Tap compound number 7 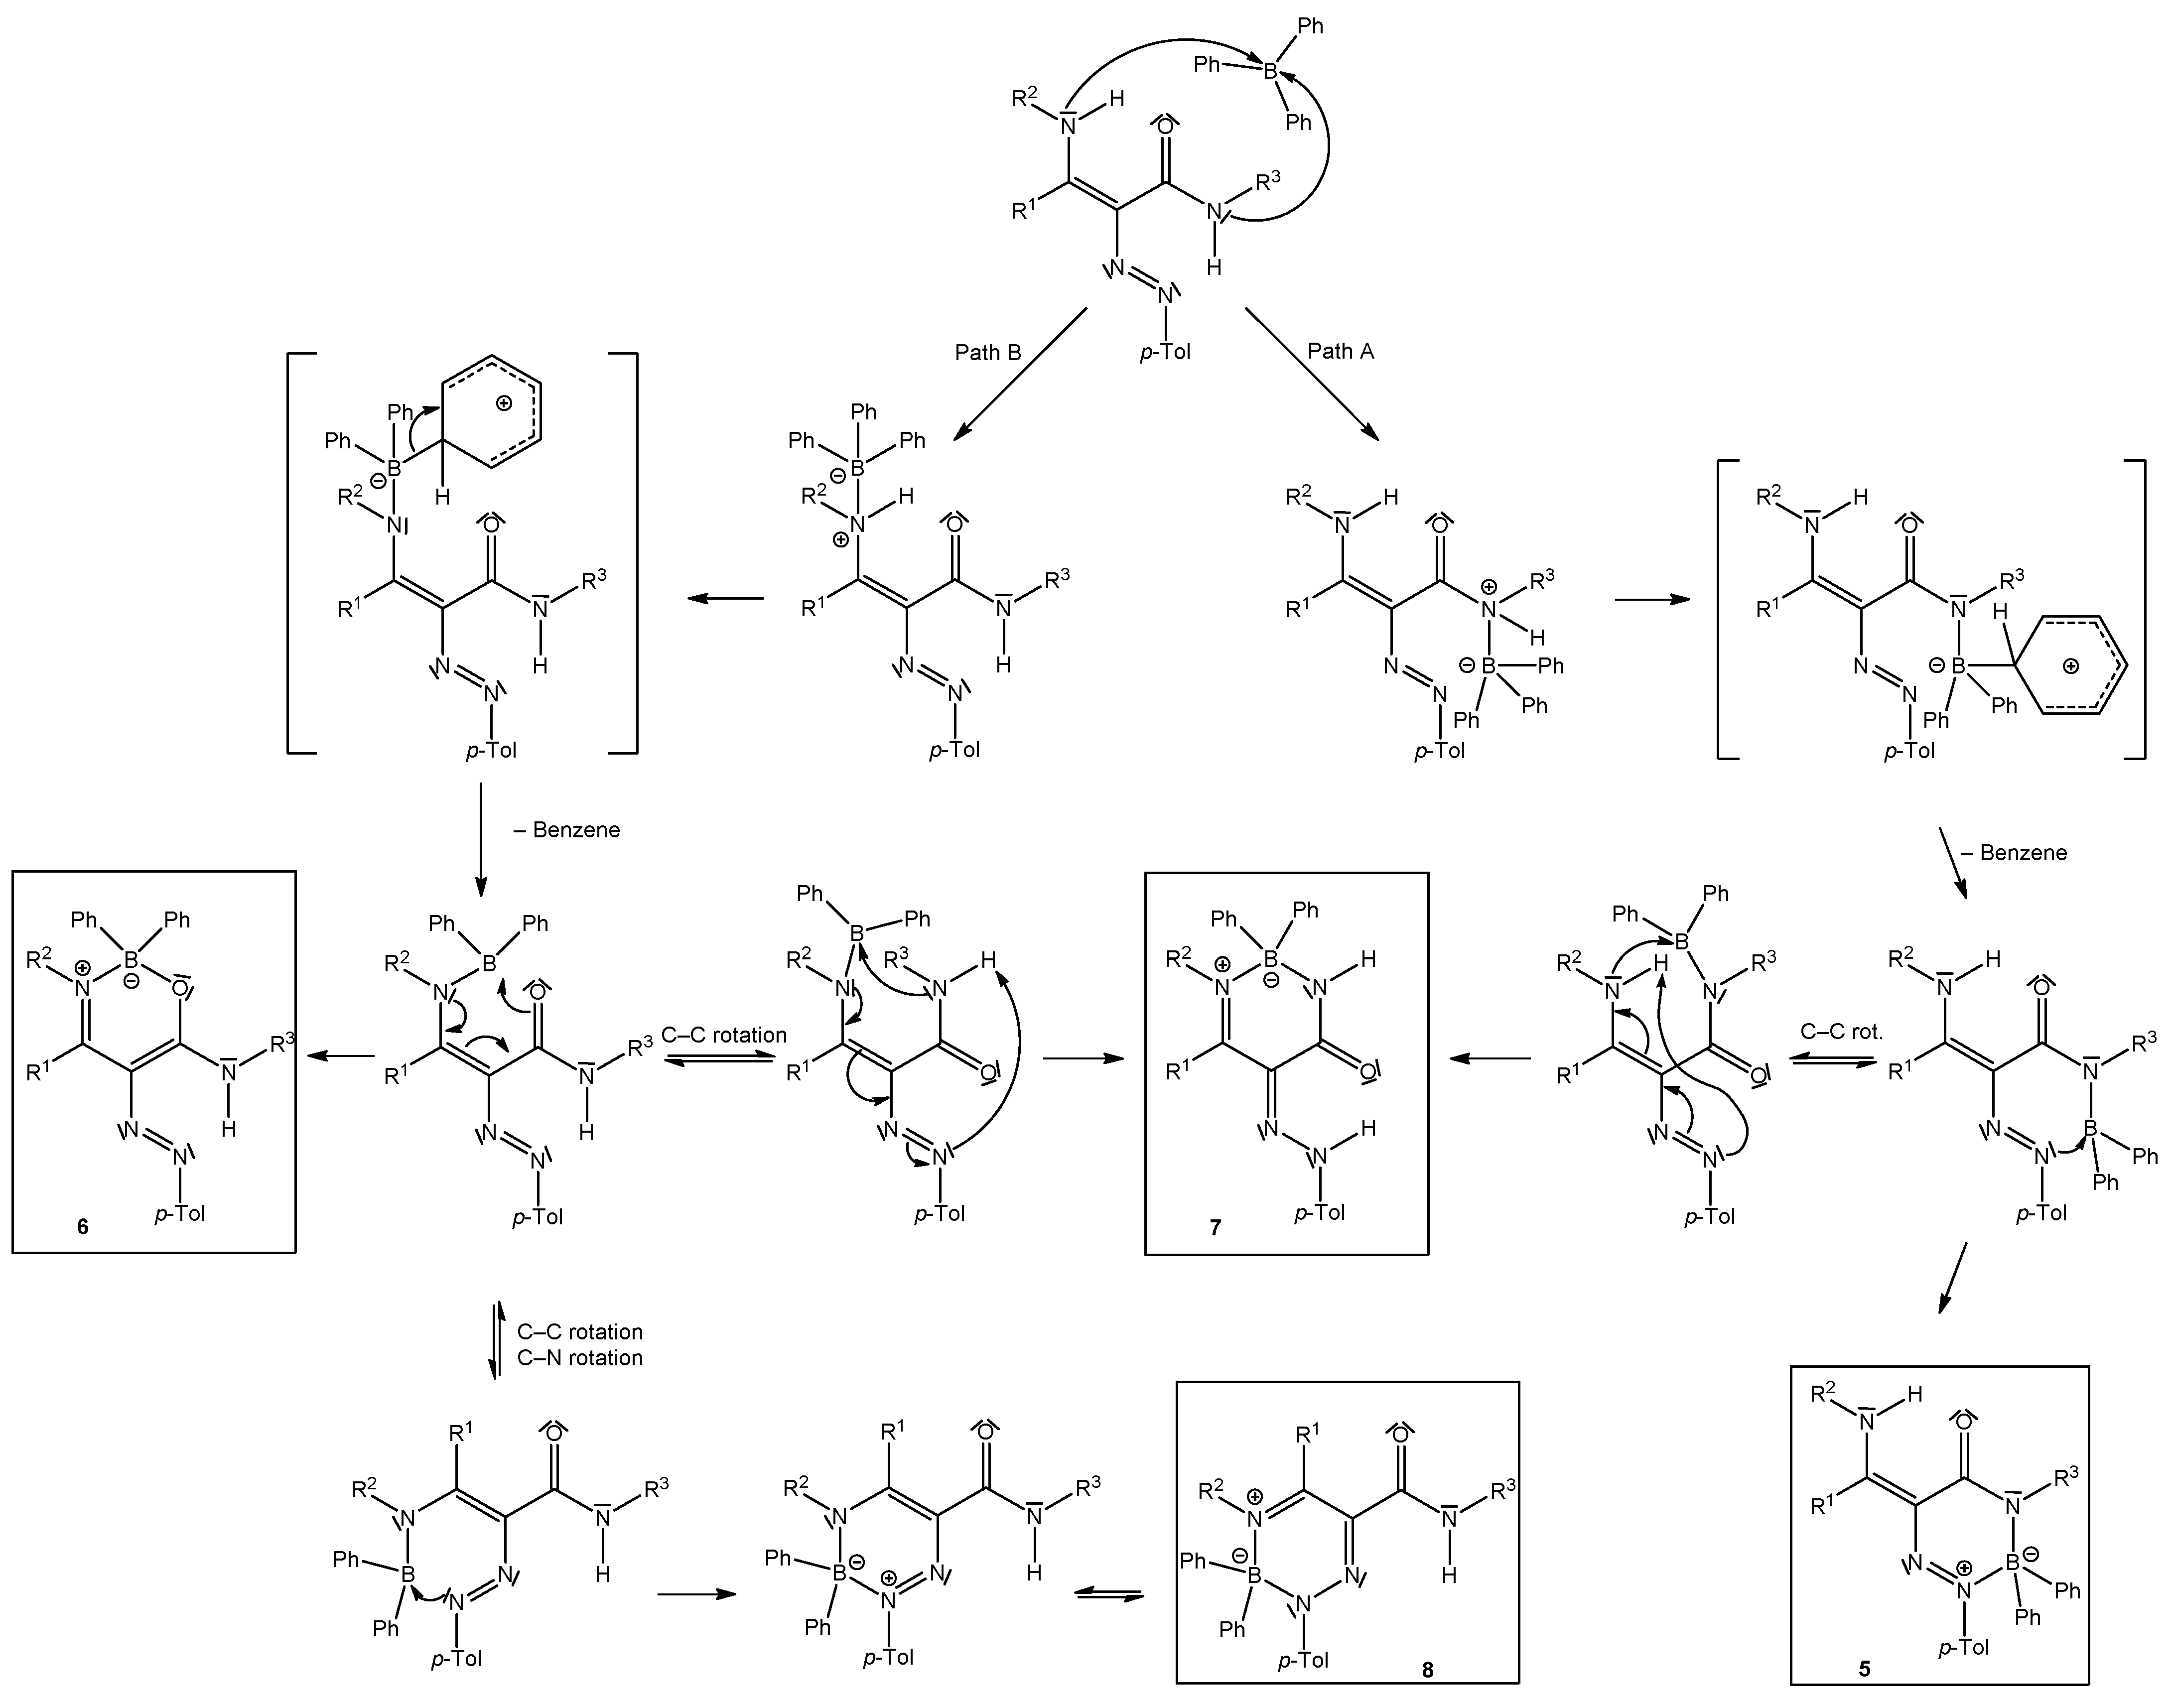[1215, 1228]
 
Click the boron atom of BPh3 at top [1270, 71]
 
